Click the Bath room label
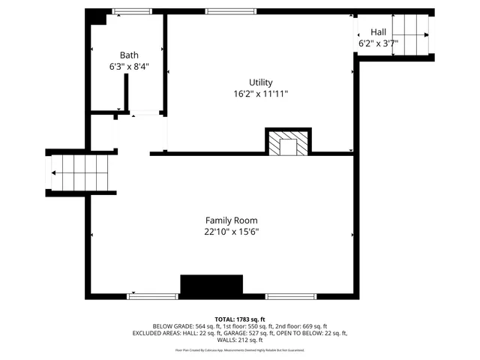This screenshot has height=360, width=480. pyautogui.click(x=129, y=55)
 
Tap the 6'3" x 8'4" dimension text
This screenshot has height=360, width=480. pyautogui.click(x=129, y=66)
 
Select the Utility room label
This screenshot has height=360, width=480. pyautogui.click(x=261, y=82)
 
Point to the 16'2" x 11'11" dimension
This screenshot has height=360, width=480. pyautogui.click(x=261, y=94)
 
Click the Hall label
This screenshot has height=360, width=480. pyautogui.click(x=378, y=32)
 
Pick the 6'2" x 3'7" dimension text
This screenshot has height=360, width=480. pyautogui.click(x=378, y=43)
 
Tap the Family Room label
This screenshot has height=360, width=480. pyautogui.click(x=232, y=220)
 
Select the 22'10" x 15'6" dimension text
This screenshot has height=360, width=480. pyautogui.click(x=232, y=232)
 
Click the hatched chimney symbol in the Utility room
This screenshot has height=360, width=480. pyautogui.click(x=288, y=144)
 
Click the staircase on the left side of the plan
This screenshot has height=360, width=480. pyautogui.click(x=81, y=172)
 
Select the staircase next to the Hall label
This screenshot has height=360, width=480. pyautogui.click(x=411, y=35)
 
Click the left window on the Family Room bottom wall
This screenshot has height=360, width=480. pyautogui.click(x=152, y=296)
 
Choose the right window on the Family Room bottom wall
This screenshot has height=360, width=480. pyautogui.click(x=292, y=296)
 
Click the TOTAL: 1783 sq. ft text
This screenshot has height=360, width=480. pyautogui.click(x=240, y=318)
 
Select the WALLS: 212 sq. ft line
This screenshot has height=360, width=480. pyautogui.click(x=240, y=340)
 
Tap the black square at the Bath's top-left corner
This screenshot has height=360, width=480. pyautogui.click(x=96, y=16)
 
